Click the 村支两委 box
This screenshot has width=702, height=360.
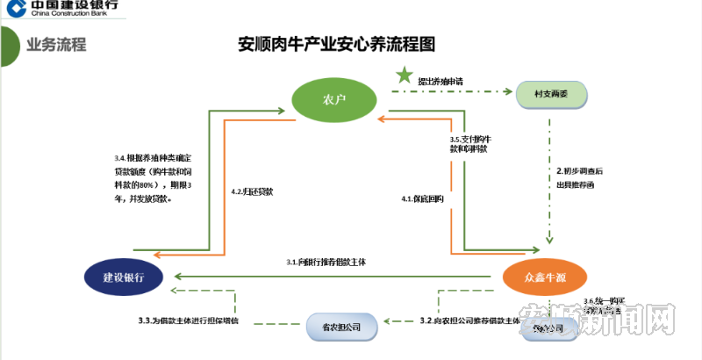pos(551,93)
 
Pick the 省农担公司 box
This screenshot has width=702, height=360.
pos(343,327)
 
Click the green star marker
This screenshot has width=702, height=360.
pos(403,76)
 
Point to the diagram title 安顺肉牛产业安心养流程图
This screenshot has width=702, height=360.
pos(337,44)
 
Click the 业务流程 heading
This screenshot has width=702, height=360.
pos(56,45)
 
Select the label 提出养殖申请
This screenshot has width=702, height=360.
pos(441,82)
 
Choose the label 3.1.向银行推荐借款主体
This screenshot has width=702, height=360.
pos(326,263)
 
